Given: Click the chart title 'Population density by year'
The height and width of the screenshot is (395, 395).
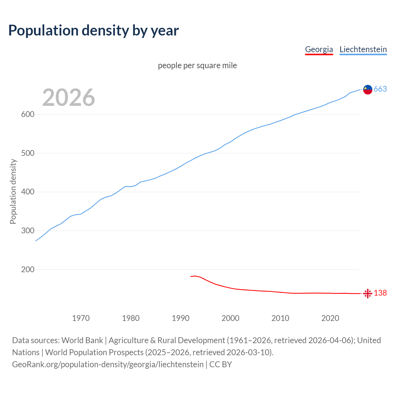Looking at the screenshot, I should click(x=94, y=31).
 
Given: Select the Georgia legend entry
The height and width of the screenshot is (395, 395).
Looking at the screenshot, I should click(x=319, y=49).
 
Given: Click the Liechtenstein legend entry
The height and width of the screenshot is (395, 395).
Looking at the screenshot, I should click(x=363, y=49).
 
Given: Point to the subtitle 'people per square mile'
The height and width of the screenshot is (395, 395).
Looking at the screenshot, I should click(x=197, y=66).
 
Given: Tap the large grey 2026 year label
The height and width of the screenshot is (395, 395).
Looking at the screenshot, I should click(x=69, y=98).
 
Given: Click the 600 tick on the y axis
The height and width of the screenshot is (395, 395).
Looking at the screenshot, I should click(x=27, y=114).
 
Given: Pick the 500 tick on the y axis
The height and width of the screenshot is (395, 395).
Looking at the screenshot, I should click(x=27, y=153).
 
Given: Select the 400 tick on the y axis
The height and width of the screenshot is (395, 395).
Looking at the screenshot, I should click(x=27, y=192).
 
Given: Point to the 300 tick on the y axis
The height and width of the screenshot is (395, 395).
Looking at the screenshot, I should click(x=27, y=231).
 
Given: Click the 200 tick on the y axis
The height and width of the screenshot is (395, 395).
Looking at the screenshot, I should click(x=27, y=270).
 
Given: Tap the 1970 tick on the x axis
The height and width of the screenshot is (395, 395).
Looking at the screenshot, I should click(x=81, y=318).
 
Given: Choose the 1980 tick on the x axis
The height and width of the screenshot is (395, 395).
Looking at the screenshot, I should click(x=131, y=318).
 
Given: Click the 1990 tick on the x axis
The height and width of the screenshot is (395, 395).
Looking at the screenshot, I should click(x=181, y=318).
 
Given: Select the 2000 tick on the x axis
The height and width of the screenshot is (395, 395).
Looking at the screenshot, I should click(x=231, y=318).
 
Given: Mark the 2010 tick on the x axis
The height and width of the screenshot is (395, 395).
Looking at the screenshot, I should click(x=280, y=318).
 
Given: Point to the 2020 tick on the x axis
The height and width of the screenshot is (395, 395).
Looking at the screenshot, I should click(x=330, y=318).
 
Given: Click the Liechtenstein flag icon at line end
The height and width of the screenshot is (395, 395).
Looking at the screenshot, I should click(x=368, y=89).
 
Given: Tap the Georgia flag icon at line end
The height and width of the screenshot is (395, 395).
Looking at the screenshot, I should click(x=368, y=293).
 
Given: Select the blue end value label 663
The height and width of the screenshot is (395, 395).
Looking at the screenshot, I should click(x=380, y=89).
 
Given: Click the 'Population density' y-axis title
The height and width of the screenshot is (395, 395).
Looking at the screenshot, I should click(x=13, y=191).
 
